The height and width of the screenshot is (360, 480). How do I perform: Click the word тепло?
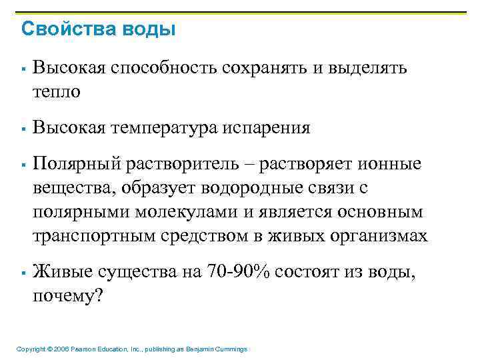[56, 91]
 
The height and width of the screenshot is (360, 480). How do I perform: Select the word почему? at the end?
[68, 297]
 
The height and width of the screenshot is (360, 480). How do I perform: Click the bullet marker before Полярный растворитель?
[23, 164]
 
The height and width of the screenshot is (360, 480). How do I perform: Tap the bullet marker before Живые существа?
[23, 273]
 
